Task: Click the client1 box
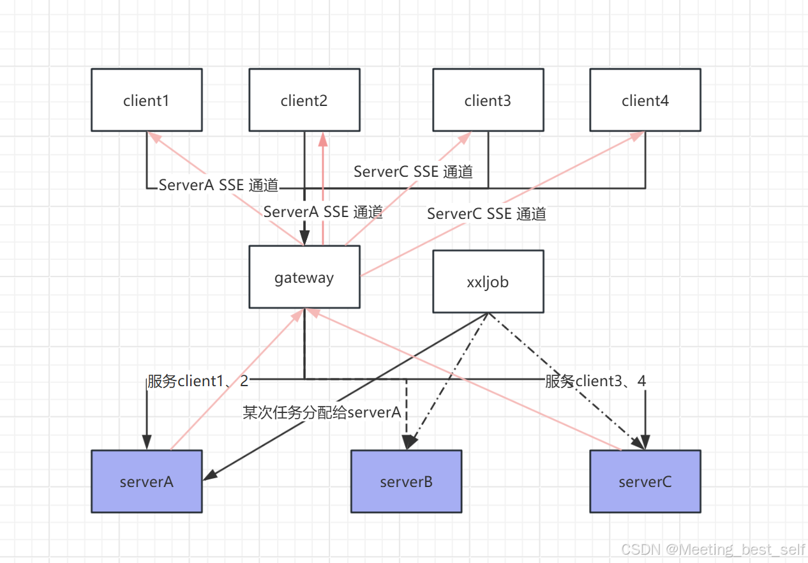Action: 146,100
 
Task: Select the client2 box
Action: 304,100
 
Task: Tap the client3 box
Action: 488,100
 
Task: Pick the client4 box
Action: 645,100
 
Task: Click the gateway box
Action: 304,278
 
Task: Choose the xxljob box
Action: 488,281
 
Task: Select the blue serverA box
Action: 146,481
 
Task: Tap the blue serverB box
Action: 406,481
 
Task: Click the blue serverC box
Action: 645,481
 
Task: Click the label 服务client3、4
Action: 595,382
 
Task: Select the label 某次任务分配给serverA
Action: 322,412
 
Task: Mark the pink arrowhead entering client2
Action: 323,138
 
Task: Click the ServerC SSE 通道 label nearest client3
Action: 413,172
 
